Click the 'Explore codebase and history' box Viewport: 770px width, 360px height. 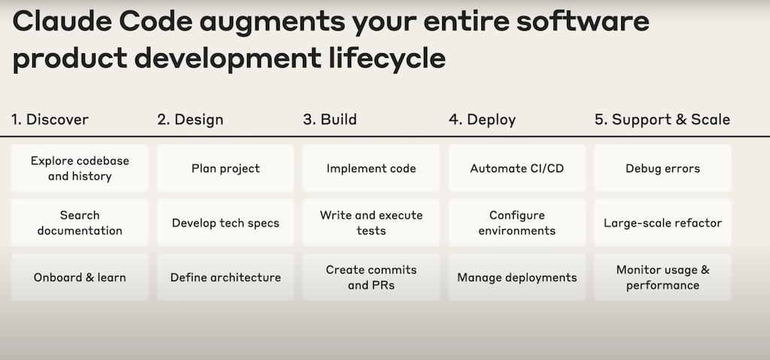click(x=80, y=168)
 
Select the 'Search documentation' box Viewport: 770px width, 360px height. click(x=80, y=222)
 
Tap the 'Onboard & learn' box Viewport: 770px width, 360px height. click(x=80, y=277)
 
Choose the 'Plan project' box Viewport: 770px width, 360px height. click(x=226, y=168)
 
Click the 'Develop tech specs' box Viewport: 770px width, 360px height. click(x=226, y=222)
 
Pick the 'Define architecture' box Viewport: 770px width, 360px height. click(x=226, y=277)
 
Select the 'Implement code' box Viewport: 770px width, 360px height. click(x=371, y=168)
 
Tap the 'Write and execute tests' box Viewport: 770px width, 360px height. click(x=371, y=222)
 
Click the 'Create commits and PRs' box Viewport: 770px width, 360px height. click(x=371, y=277)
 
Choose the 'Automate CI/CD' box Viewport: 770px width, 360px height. click(x=517, y=168)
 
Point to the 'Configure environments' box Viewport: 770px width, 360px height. click(x=517, y=222)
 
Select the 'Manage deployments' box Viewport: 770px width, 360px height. click(x=517, y=277)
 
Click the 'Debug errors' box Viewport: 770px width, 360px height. click(x=662, y=168)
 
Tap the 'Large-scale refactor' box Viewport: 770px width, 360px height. click(x=662, y=222)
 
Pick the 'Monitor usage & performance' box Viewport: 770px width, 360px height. click(x=662, y=277)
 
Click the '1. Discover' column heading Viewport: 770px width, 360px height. click(x=50, y=119)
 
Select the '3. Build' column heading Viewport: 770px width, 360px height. click(x=330, y=119)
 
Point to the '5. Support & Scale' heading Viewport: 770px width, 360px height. click(x=662, y=119)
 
